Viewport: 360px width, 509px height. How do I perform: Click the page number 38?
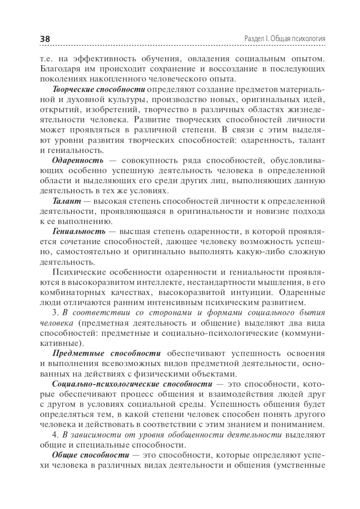pyautogui.click(x=45, y=39)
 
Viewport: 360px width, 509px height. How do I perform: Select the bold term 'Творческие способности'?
pyautogui.click(x=99, y=89)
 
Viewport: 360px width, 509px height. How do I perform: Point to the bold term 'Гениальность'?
pyautogui.click(x=79, y=231)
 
